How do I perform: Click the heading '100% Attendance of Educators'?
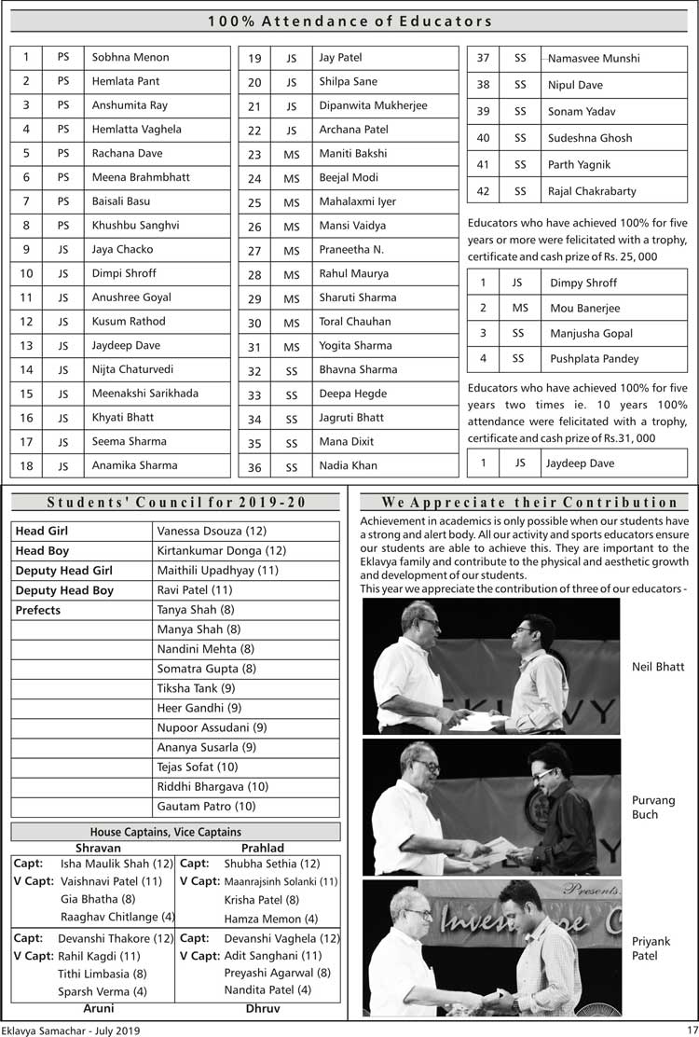coord(349,21)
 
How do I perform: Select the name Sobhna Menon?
coord(130,57)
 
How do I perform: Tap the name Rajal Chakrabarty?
coord(592,191)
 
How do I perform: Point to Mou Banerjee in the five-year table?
coord(584,308)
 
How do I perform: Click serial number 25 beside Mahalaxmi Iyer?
coord(254,202)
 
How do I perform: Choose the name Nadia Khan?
coord(348,465)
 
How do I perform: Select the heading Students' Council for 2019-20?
coord(177,503)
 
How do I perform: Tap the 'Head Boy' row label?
coord(42,550)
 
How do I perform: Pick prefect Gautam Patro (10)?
coord(206,806)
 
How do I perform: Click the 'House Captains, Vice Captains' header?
coord(166,832)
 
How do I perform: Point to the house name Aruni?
coord(99,1008)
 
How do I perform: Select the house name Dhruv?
coord(262,1008)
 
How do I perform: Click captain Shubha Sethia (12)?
coord(271,864)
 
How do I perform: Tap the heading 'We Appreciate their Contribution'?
coord(529,503)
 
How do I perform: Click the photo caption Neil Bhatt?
coord(657,667)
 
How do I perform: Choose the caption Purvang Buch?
coord(652,808)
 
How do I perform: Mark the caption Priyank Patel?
coord(651,948)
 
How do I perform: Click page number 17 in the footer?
coord(691,1030)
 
